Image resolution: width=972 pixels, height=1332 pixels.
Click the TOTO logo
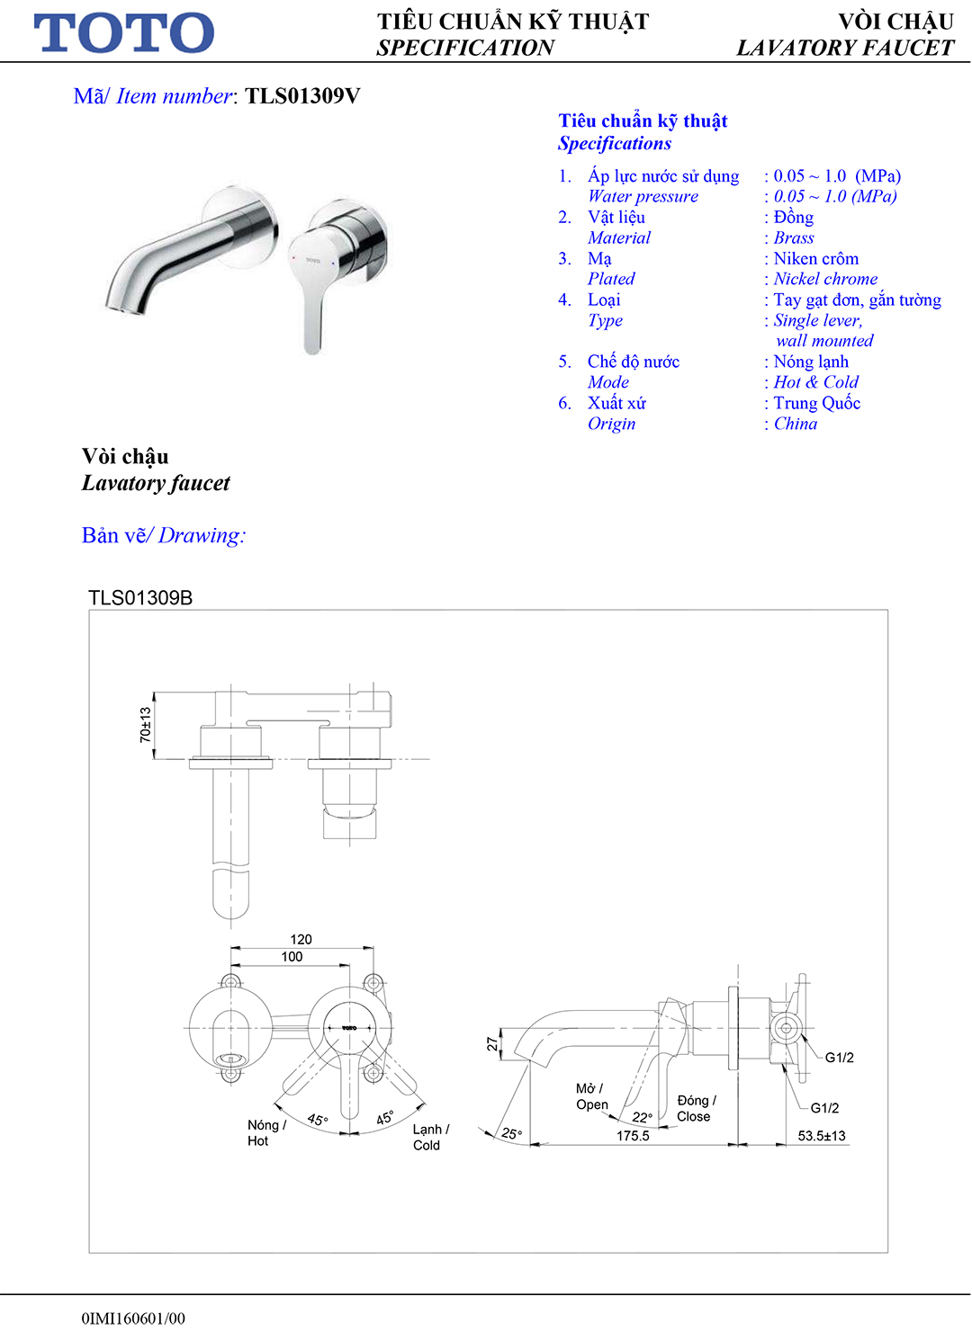click(123, 33)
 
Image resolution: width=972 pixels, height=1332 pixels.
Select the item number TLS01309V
click(302, 96)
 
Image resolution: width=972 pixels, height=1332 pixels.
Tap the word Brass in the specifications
click(793, 238)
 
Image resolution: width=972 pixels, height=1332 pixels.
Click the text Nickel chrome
click(824, 280)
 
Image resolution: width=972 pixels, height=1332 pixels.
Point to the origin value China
click(795, 425)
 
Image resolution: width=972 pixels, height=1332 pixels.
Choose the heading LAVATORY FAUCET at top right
click(844, 49)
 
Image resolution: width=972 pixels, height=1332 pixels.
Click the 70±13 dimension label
click(146, 725)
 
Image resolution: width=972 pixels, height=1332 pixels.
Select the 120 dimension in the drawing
click(301, 939)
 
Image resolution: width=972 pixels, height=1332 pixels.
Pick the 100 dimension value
click(292, 957)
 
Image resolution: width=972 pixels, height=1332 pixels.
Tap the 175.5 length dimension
click(633, 1136)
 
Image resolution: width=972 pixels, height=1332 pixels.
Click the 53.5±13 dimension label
click(821, 1136)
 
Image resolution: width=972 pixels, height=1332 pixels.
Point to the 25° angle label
click(511, 1133)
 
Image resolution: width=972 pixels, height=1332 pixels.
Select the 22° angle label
click(642, 1117)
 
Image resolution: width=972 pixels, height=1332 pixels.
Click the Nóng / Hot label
click(265, 1133)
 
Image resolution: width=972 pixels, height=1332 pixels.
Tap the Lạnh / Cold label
click(430, 1138)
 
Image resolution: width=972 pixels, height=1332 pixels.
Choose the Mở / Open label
click(591, 1096)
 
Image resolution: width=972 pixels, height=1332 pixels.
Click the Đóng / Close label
click(696, 1108)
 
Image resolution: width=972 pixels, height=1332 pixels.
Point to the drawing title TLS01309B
click(140, 598)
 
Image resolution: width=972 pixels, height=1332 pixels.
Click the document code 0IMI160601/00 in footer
click(133, 1319)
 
